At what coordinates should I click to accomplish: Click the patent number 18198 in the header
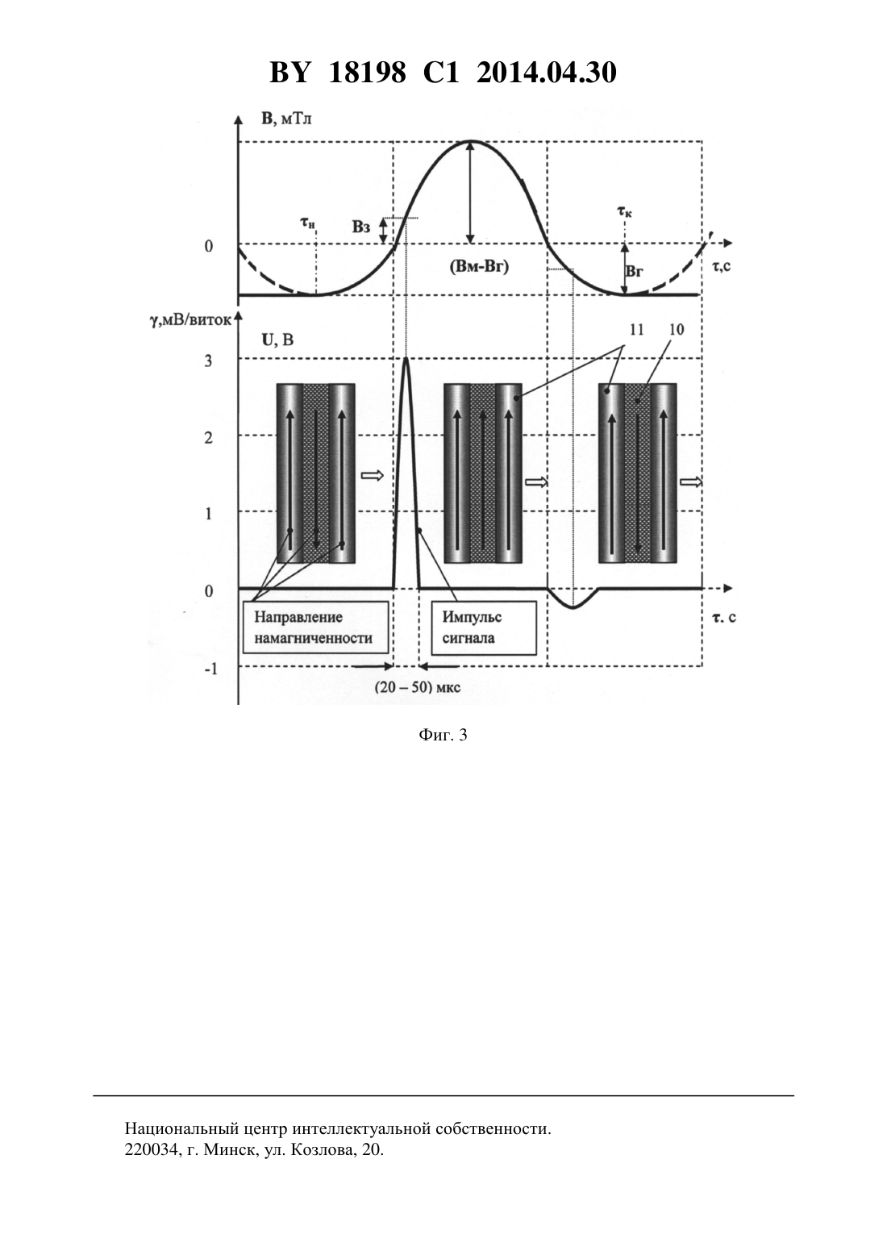click(368, 73)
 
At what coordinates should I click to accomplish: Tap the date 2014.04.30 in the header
click(547, 73)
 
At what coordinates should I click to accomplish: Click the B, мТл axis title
click(286, 119)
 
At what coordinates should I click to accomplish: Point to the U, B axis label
click(277, 340)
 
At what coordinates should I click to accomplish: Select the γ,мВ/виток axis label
click(190, 320)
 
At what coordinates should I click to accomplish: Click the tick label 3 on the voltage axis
click(208, 361)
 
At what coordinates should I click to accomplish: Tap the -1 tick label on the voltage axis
click(210, 669)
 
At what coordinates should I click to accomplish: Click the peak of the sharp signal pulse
click(406, 358)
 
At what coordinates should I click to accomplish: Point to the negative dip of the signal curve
click(573, 607)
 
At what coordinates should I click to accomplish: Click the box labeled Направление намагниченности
click(316, 627)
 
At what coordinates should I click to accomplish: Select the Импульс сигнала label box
click(484, 627)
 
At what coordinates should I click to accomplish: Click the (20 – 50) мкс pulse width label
click(417, 687)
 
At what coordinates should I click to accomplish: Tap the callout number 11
click(637, 329)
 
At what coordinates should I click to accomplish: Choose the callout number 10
click(677, 329)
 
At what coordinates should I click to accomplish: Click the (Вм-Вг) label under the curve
click(479, 267)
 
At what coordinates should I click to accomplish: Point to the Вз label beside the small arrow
click(361, 227)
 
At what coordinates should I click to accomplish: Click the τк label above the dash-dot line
click(625, 212)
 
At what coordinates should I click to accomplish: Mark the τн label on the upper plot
click(308, 223)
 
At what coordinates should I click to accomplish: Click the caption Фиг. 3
click(443, 735)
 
